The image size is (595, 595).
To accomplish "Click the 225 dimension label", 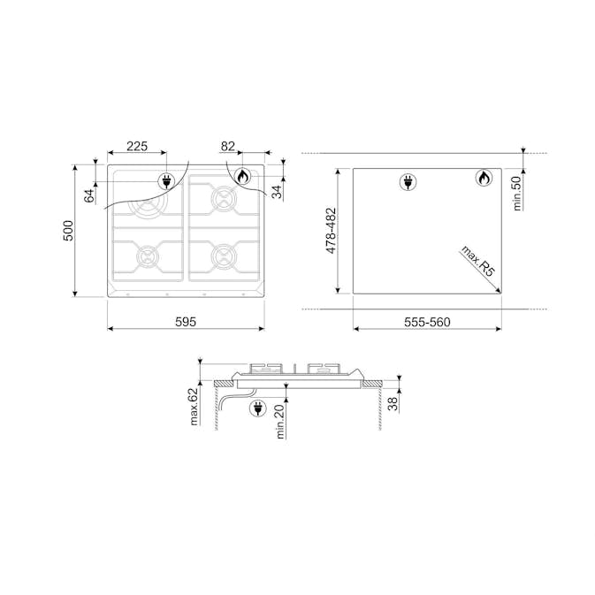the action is [137, 146].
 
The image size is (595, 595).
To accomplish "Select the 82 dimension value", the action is [228, 146].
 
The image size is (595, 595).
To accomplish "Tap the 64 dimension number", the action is [89, 195].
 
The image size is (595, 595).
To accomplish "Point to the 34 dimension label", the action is [278, 192].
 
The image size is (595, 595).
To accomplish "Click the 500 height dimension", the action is [68, 231].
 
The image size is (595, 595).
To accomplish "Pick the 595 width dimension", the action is [186, 322].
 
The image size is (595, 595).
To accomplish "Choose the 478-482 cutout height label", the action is [331, 231].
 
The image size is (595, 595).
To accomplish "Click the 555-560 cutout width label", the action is [427, 322].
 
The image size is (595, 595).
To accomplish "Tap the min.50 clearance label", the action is [517, 194].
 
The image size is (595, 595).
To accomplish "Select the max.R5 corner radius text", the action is [478, 261].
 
